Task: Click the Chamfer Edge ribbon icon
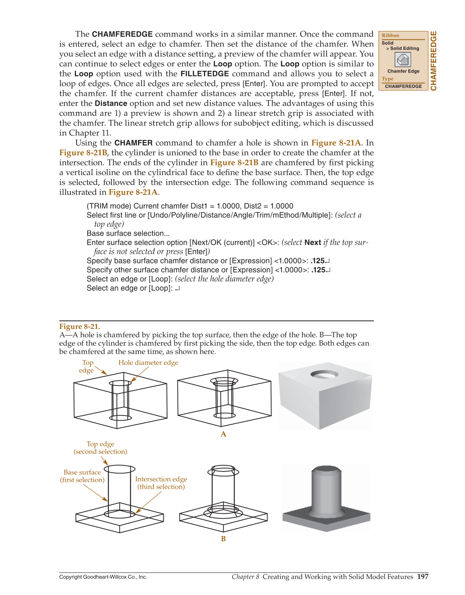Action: [x=403, y=60]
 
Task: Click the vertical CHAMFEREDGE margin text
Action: [x=434, y=61]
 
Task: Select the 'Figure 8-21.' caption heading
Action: [x=80, y=326]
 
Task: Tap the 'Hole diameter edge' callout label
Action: [x=148, y=362]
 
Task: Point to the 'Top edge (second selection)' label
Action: [x=101, y=448]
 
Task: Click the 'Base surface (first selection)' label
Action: [x=82, y=476]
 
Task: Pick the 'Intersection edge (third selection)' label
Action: [x=161, y=483]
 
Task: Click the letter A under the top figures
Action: [x=224, y=434]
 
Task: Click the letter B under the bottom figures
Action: [x=224, y=539]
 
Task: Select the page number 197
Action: [x=422, y=576]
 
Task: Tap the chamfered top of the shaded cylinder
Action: [x=326, y=469]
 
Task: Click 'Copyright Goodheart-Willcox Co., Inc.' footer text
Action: [x=103, y=577]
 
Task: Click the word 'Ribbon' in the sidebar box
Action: [x=390, y=35]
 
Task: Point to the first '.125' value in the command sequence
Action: [x=318, y=261]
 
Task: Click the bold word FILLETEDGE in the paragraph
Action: [x=205, y=74]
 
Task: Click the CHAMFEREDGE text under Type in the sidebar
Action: [x=403, y=86]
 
